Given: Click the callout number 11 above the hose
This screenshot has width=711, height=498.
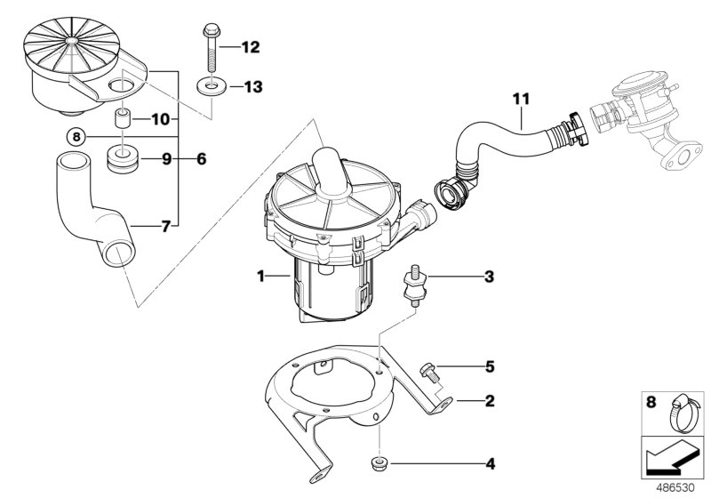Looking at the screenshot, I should coord(520,99).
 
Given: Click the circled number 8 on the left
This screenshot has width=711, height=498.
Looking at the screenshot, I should coord(77,136).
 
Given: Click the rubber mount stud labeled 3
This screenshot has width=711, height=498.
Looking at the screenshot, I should coord(414,284).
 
